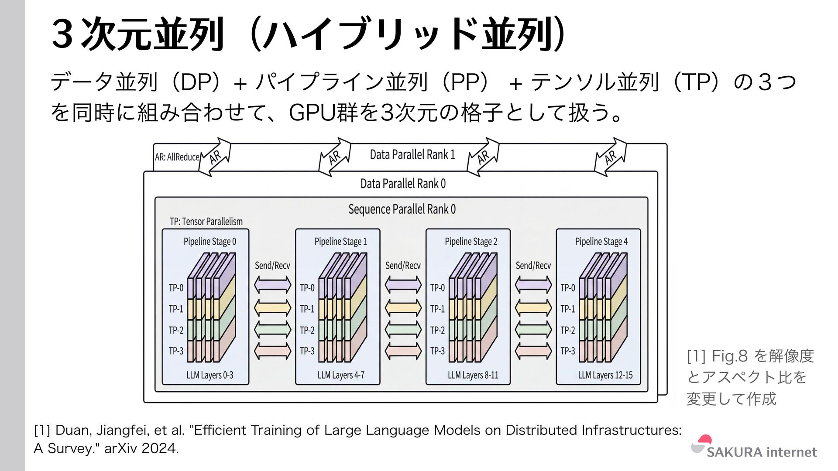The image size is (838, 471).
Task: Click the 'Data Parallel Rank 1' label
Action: (x=412, y=155)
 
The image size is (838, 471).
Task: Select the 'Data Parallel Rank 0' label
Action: (x=403, y=184)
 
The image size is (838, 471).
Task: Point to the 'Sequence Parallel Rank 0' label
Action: (x=402, y=209)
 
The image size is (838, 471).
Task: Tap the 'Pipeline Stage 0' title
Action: (x=209, y=242)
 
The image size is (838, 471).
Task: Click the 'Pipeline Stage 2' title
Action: (x=471, y=242)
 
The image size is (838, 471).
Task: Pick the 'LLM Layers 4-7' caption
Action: (x=340, y=375)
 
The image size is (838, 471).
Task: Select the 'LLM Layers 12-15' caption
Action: (x=605, y=375)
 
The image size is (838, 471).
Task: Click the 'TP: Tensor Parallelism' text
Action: (x=206, y=222)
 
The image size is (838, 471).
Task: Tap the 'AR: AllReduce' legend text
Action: (x=177, y=157)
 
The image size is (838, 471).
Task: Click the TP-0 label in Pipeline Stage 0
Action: (x=176, y=288)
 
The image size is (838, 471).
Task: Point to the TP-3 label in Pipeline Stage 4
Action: (x=567, y=351)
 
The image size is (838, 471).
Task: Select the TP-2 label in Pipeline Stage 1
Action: (x=307, y=330)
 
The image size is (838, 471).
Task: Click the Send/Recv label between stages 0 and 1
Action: (x=272, y=266)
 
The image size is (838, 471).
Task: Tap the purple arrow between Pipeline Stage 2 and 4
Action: (x=533, y=285)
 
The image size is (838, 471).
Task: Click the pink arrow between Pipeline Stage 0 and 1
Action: (x=272, y=351)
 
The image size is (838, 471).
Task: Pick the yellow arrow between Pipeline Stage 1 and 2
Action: (x=403, y=308)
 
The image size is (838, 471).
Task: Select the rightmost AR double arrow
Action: (x=610, y=157)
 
